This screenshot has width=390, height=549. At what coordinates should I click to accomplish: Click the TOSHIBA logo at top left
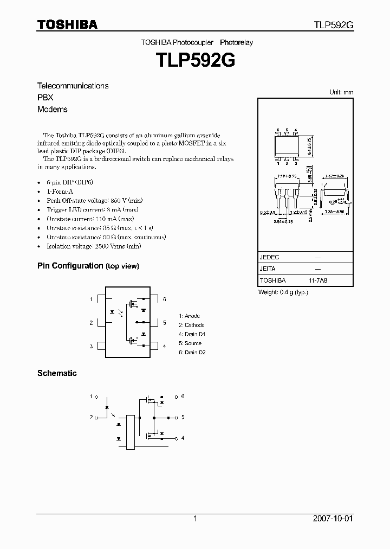coord(67,25)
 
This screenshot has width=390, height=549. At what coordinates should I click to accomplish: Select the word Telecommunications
coord(73,86)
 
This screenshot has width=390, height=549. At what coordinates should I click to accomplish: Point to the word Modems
coord(53,109)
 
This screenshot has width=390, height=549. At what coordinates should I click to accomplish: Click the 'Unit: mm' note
coord(341,92)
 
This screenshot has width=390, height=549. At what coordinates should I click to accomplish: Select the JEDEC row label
coord(270,257)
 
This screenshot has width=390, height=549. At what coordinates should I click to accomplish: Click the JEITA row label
coord(268,269)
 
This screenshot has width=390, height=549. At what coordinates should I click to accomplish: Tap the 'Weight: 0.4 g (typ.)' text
coord(283,292)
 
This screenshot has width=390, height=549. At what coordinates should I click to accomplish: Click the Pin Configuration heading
coord(88,266)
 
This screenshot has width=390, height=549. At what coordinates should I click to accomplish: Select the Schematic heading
coord(57,373)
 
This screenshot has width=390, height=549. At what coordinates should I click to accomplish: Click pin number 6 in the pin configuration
coord(164,299)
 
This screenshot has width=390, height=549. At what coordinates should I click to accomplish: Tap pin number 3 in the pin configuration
coord(91,346)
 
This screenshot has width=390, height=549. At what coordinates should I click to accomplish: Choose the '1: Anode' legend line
coord(190,316)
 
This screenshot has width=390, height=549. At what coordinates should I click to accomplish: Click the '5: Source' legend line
coord(190,343)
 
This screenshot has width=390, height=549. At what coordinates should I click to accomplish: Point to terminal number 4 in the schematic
coord(183,438)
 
